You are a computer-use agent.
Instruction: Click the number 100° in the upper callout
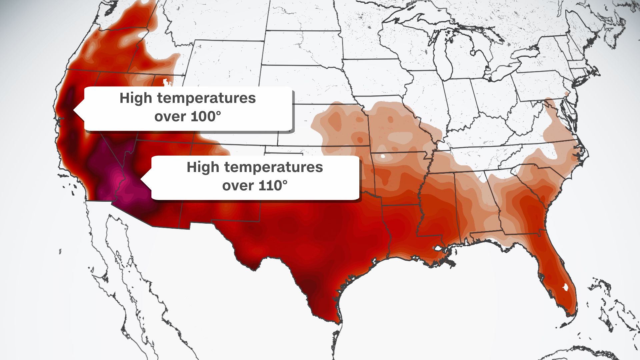(x=206, y=117)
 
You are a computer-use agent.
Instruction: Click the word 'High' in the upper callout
(x=136, y=98)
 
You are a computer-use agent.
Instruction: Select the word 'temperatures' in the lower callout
(x=273, y=167)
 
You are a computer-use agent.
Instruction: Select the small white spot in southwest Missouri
(x=383, y=156)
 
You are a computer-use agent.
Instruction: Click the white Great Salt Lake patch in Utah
(x=165, y=81)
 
